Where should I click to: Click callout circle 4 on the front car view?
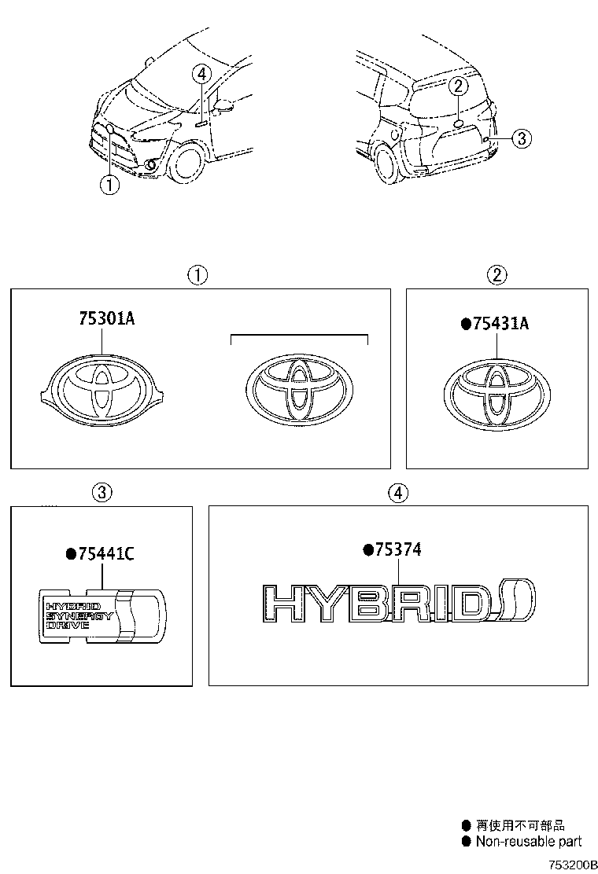(x=202, y=75)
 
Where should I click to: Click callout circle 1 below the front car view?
(x=109, y=185)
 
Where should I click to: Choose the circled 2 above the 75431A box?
(x=497, y=275)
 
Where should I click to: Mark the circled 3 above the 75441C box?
(x=101, y=493)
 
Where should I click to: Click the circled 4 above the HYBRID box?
(x=398, y=493)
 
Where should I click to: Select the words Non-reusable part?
(x=528, y=841)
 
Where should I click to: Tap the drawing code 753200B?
(x=567, y=864)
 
